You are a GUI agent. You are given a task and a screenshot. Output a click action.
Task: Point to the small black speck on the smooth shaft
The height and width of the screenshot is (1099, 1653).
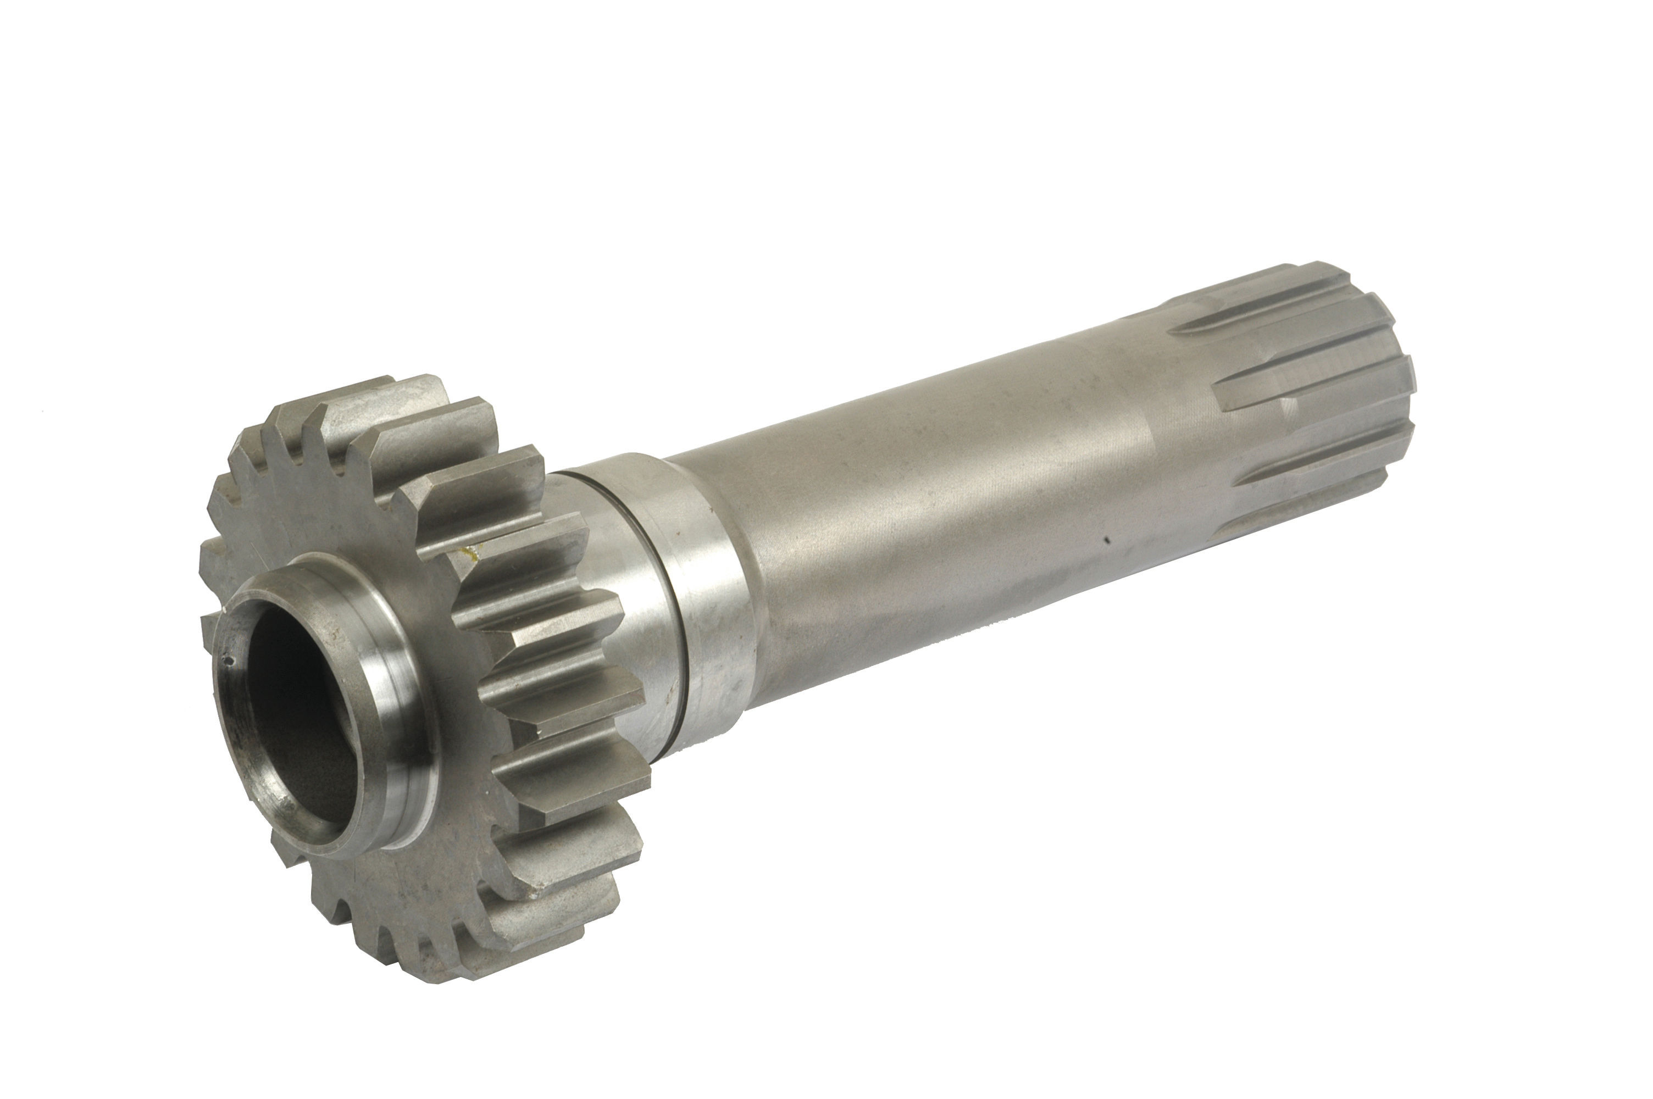(x=1106, y=540)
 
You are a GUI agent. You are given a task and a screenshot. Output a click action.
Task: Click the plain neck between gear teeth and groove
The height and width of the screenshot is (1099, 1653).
(x=634, y=617)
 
